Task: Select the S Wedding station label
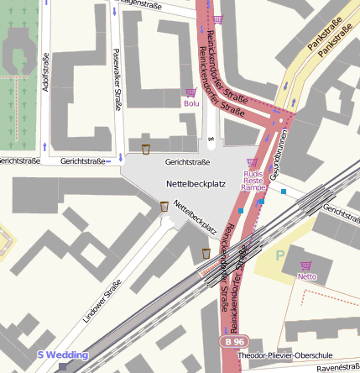click(63, 355)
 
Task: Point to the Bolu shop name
click(192, 103)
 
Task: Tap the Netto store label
click(307, 276)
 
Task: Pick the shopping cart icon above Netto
click(305, 264)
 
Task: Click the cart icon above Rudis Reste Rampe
click(253, 162)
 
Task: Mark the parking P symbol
click(280, 252)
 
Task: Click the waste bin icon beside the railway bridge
click(206, 253)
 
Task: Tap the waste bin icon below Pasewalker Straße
click(146, 150)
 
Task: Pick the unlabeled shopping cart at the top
click(219, 18)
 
